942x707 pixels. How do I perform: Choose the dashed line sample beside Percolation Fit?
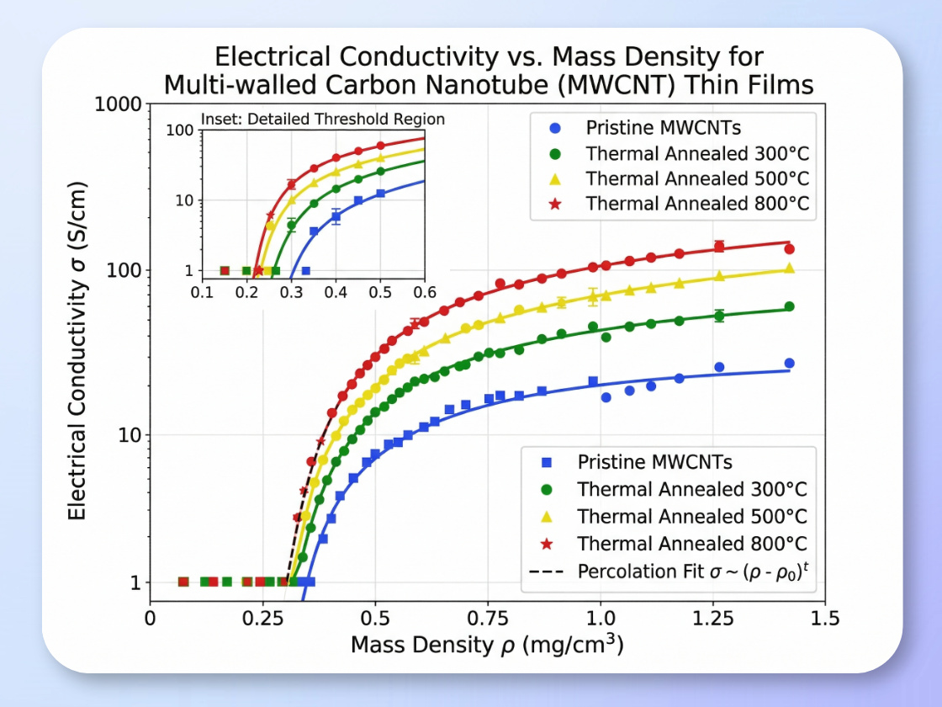547,571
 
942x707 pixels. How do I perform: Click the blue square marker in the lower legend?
547,462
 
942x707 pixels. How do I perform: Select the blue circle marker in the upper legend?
555,129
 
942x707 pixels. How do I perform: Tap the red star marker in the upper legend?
555,203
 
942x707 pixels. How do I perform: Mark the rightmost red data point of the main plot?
789,248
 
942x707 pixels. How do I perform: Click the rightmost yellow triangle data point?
789,268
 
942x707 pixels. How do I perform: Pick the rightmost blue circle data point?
789,364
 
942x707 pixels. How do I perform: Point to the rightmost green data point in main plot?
789,307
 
